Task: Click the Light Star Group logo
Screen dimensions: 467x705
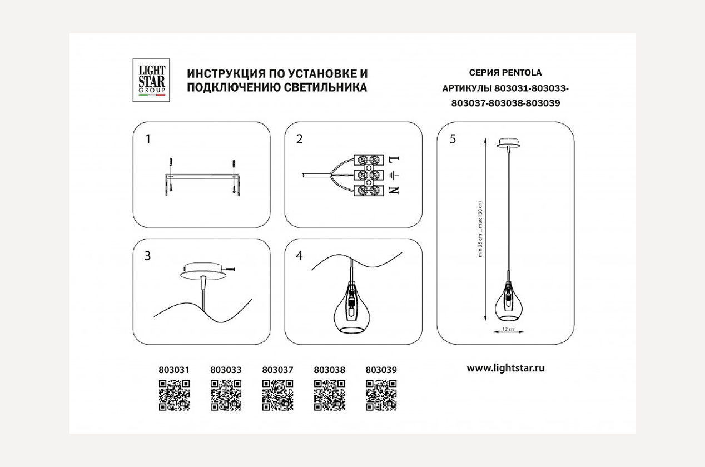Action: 151,80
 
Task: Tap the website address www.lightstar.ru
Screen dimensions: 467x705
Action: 505,368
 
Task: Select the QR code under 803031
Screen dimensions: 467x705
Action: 174,395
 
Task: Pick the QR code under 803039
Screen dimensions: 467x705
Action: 381,395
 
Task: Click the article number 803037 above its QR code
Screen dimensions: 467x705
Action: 277,369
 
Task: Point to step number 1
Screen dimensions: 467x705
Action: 148,139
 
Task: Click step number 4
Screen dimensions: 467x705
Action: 300,256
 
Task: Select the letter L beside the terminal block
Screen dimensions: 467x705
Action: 396,160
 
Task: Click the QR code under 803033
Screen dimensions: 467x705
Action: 226,395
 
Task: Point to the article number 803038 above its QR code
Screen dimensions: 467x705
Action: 330,369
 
